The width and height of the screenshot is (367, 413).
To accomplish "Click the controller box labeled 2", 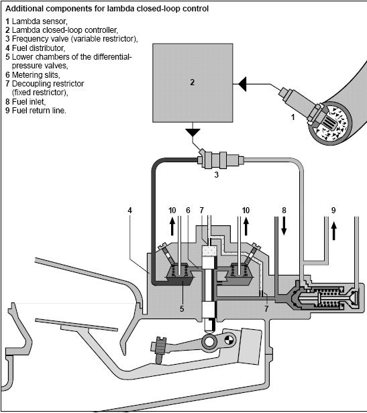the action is pos(193,82).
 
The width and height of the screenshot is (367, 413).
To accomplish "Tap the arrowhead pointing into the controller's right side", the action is pos(243,84).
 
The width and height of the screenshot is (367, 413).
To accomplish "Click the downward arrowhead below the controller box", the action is pos(193,132).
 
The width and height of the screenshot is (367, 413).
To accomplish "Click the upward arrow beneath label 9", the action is pos(333,231).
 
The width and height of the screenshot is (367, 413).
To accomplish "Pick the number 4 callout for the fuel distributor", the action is pos(129,211).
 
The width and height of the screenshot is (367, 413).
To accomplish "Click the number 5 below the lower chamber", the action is pos(182,308).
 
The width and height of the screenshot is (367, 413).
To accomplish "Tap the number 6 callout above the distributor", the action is pos(188,211).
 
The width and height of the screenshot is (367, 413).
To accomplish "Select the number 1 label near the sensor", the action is pos(293,117).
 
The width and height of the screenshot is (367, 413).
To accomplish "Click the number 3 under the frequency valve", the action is pos(217,174).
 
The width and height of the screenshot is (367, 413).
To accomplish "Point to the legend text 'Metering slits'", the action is pos(36,75).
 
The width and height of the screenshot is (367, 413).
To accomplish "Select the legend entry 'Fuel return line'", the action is pos(39,111).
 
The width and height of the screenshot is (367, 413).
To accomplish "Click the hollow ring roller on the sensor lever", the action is pos(209,342).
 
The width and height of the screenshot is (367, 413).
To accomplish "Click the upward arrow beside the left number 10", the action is pos(172,226).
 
